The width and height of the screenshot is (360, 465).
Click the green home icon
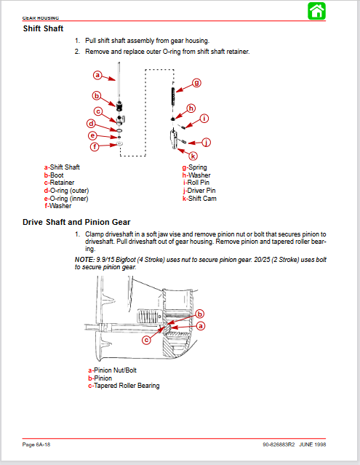point(317,11)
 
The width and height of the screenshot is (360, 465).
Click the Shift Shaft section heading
point(43,28)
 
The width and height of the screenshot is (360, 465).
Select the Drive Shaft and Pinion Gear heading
point(76,222)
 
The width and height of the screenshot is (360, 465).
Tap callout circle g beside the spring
point(197,83)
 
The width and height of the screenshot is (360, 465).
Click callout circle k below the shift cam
point(193,156)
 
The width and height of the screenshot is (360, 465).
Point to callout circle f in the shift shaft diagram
point(95,146)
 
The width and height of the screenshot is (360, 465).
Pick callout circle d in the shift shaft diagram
point(91,124)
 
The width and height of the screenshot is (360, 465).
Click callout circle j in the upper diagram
point(207,143)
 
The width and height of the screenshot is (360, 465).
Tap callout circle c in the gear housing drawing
point(146,340)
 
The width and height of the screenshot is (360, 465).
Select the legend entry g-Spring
point(194,167)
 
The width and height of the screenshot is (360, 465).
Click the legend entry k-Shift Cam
point(199,199)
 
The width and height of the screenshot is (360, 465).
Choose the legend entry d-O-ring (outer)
point(66,191)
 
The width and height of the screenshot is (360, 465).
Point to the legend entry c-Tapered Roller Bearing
point(124,386)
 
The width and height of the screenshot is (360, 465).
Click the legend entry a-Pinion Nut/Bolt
point(112,370)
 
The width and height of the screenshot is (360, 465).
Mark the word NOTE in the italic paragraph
point(84,260)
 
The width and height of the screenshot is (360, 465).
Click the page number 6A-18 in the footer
point(43,445)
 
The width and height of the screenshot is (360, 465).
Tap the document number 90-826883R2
point(279,445)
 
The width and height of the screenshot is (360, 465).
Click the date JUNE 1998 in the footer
point(312,445)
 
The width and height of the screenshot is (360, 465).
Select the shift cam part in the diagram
point(174,139)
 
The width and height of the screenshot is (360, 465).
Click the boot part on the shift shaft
point(119,106)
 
